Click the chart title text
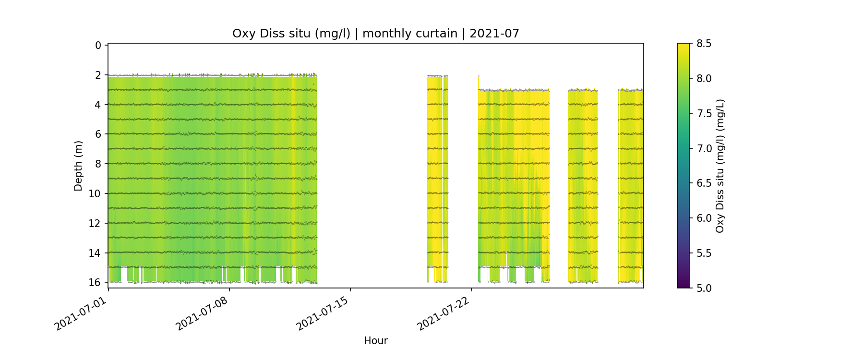point(375,34)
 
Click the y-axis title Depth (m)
point(78,166)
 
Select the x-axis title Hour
point(375,341)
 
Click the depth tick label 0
point(98,45)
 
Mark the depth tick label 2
point(98,75)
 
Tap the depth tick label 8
point(98,164)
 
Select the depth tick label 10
point(95,193)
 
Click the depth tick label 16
point(95,282)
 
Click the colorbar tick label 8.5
point(704,44)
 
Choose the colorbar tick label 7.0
point(704,148)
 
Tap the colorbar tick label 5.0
point(704,288)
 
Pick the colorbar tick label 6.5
point(704,183)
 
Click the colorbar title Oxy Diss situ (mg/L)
point(720,166)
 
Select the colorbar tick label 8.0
point(704,78)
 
